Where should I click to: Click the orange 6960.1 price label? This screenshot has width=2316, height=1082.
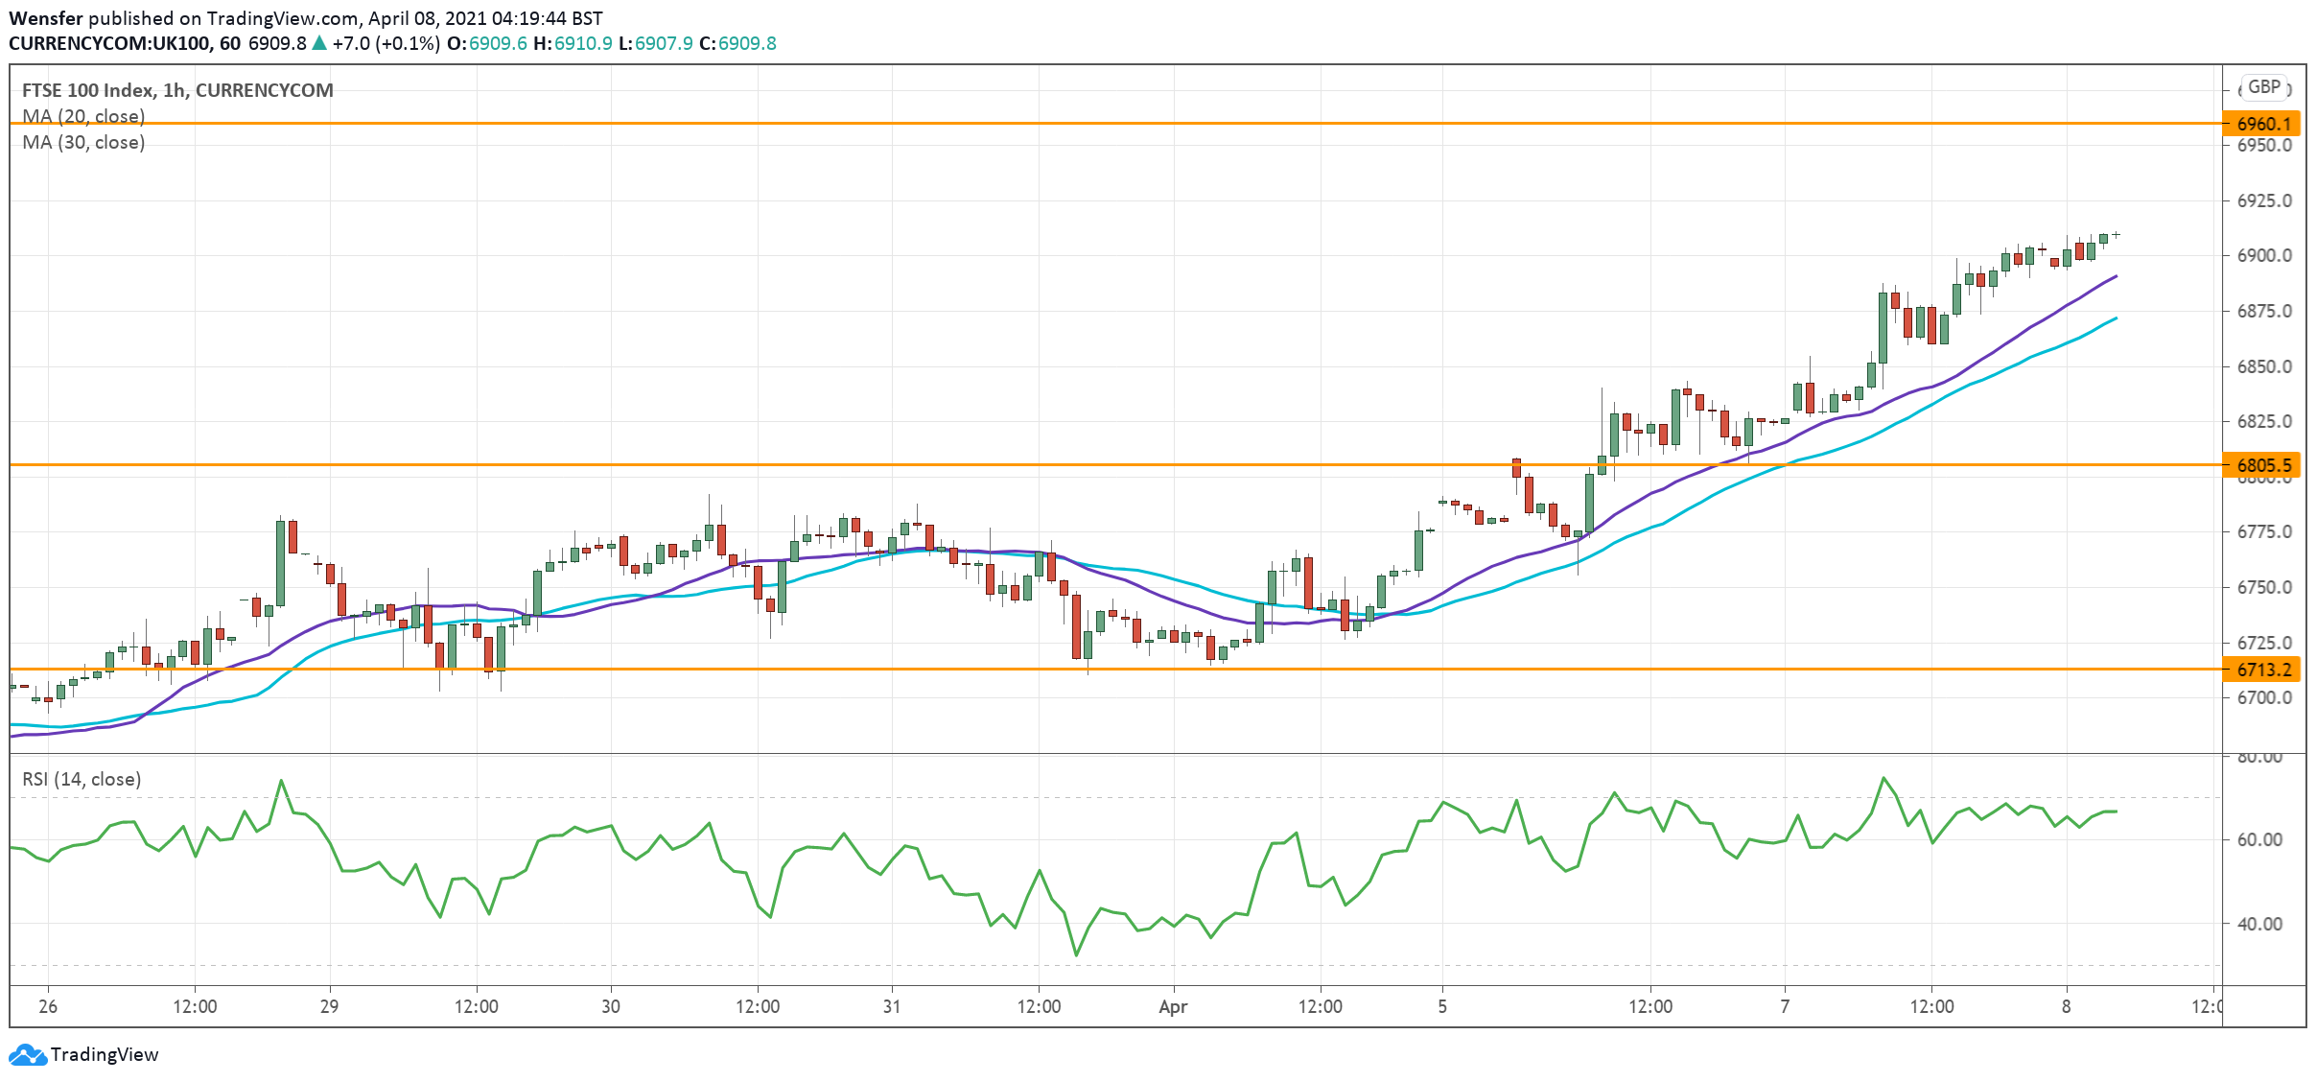tap(2263, 124)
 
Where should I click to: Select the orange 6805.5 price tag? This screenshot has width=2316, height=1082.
tap(2263, 465)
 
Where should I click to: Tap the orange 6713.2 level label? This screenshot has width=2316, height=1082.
tap(2263, 670)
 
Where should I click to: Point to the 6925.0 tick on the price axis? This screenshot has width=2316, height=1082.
tap(2264, 200)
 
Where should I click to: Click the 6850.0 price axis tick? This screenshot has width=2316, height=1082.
tap(2264, 366)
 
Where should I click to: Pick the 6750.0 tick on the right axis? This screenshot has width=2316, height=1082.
tap(2264, 587)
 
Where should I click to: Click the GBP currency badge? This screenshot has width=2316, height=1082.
tap(2264, 87)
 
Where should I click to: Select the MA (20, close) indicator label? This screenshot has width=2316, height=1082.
tap(83, 116)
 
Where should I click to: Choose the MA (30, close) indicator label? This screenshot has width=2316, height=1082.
tap(83, 142)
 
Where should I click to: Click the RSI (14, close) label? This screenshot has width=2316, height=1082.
tap(82, 779)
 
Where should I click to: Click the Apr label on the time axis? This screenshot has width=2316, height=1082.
tap(1173, 1006)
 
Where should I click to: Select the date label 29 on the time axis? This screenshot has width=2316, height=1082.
tap(329, 1006)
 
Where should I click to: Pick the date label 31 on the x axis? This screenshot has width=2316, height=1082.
tap(892, 1006)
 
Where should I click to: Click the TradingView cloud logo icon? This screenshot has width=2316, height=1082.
tap(27, 1055)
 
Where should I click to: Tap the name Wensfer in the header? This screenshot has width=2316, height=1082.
tap(45, 18)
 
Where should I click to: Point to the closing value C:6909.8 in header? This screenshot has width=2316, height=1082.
tap(737, 43)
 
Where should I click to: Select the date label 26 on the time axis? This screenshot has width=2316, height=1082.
tap(48, 1006)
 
